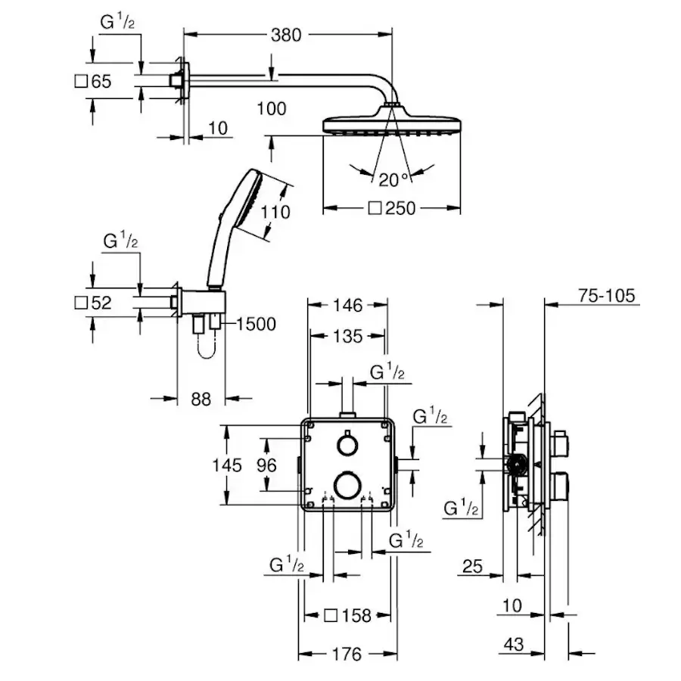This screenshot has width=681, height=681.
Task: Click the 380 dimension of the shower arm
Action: click(286, 35)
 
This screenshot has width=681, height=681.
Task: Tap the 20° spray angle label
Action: click(393, 180)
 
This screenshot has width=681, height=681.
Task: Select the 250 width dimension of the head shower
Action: click(392, 209)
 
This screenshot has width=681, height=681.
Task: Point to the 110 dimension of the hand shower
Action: click(275, 212)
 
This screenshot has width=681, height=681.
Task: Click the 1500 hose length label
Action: click(257, 324)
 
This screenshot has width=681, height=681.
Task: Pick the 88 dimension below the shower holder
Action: click(201, 399)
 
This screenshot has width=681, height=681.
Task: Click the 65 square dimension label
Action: click(93, 81)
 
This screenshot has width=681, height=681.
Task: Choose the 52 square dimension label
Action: click(93, 303)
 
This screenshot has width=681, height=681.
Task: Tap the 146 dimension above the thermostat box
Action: click(347, 306)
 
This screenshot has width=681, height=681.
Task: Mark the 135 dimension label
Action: click(347, 336)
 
